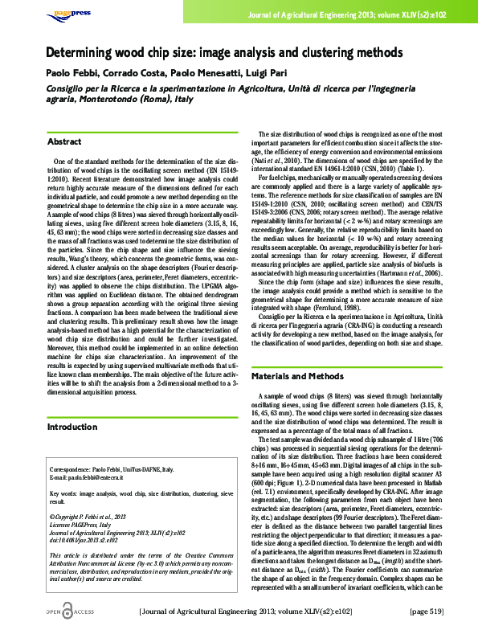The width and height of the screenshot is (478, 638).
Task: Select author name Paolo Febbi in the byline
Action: click(70, 73)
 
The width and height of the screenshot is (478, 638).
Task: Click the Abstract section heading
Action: click(64, 141)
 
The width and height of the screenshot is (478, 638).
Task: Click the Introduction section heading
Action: click(72, 427)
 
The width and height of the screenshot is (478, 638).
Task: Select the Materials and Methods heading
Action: click(299, 376)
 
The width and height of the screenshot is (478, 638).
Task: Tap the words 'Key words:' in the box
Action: click(67, 491)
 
